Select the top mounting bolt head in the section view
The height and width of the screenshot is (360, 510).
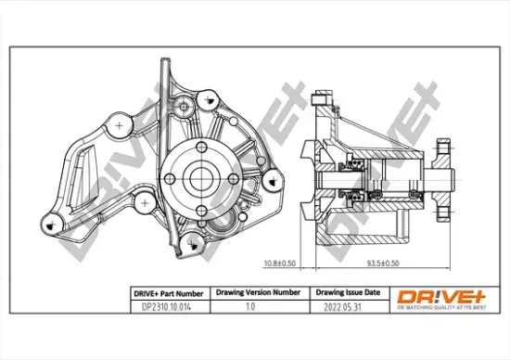click(320, 96)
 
